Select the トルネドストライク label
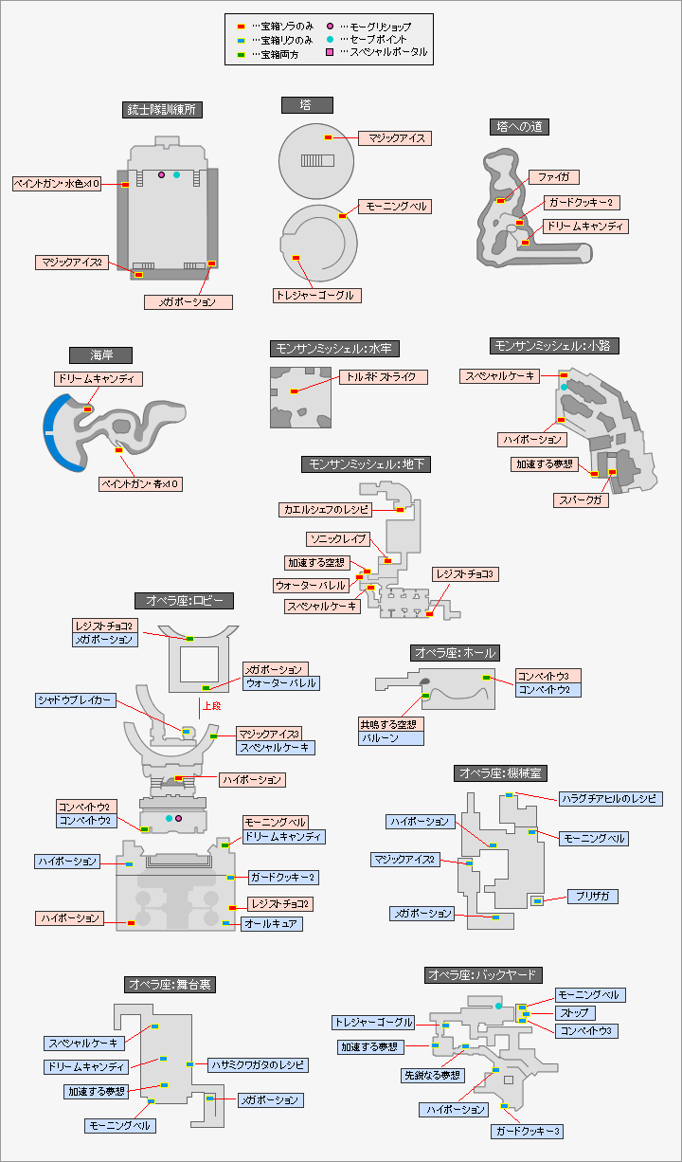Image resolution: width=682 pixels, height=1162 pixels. (380, 377)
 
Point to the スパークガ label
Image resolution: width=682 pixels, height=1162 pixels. (581, 500)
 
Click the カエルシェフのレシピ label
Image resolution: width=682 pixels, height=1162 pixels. (326, 510)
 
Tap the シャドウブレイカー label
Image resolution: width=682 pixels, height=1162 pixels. (76, 700)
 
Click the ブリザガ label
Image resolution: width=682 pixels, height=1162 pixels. (592, 896)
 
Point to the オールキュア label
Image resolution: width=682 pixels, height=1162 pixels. (272, 923)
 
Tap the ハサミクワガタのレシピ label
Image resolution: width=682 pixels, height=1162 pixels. (258, 1065)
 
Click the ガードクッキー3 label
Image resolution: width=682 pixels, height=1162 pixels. (528, 1132)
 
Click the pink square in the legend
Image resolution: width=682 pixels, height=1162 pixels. (330, 52)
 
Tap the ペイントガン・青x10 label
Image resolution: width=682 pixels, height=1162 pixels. (141, 484)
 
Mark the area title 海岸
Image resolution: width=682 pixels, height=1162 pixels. (100, 354)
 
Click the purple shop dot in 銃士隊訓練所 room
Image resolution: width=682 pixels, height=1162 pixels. (162, 175)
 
